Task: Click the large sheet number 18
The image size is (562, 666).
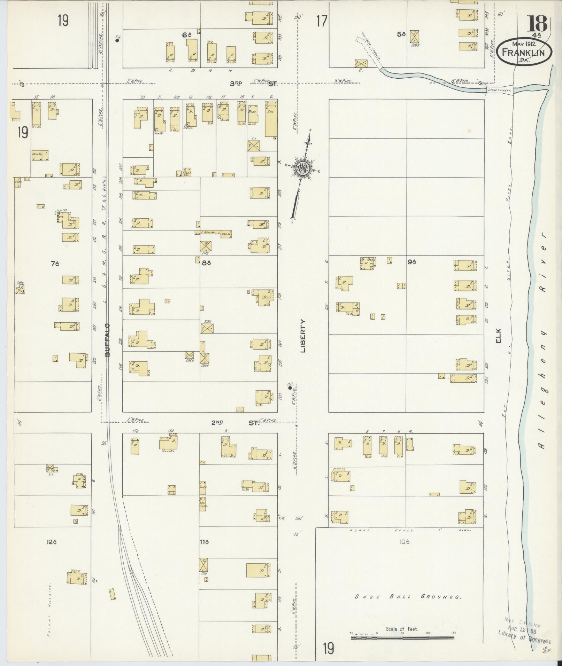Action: click(538, 24)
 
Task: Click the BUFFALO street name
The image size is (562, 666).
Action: click(107, 339)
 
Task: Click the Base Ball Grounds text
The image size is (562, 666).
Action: click(408, 596)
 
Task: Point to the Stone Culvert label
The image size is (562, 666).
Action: click(500, 91)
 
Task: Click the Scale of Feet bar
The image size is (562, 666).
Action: click(402, 638)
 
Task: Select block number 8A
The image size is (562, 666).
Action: click(207, 264)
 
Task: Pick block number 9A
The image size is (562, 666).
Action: click(412, 261)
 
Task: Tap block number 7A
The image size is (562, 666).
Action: click(54, 264)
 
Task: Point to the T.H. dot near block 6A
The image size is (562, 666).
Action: click(117, 40)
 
